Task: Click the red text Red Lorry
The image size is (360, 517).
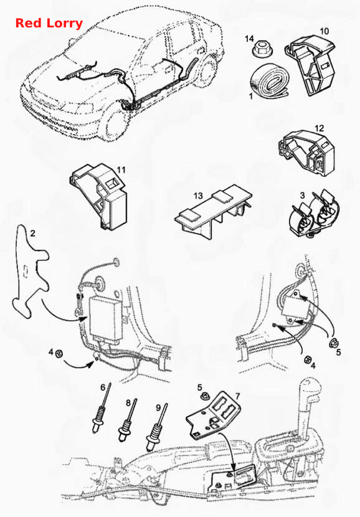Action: pos(49,24)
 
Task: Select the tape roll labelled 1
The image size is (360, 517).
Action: pos(270,81)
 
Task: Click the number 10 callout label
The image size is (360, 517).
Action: pos(324,31)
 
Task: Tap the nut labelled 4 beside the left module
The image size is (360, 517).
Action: pos(59,354)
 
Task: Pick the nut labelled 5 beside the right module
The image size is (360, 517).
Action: pos(333,343)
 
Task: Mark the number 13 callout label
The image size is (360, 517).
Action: pos(198,196)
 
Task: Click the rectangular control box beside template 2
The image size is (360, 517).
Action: pos(106,318)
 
